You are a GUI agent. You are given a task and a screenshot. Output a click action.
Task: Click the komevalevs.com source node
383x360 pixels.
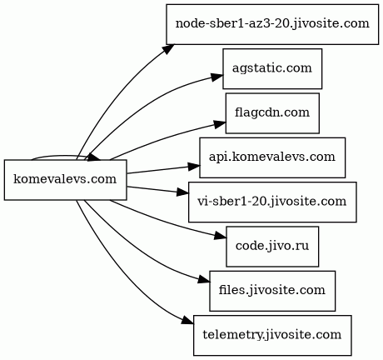[66, 180]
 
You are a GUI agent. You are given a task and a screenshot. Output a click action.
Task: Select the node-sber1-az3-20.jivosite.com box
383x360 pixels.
[272, 24]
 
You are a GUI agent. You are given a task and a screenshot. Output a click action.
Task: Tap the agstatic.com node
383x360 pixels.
[272, 68]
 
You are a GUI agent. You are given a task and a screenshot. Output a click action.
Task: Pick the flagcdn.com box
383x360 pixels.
[272, 113]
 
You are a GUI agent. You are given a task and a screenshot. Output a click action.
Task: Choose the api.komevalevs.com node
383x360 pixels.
[272, 157]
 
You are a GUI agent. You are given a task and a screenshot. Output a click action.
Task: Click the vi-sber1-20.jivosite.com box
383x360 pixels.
[272, 202]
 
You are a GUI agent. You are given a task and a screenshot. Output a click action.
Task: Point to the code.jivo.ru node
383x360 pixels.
[272, 247]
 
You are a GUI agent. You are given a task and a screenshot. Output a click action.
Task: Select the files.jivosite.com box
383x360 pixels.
[272, 291]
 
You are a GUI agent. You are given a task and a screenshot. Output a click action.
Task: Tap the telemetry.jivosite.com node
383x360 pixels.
[272, 335]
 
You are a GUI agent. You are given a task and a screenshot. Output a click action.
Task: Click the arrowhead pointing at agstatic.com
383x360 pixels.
[216, 77]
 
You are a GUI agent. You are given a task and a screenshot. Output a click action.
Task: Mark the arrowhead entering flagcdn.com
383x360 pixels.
[220, 124]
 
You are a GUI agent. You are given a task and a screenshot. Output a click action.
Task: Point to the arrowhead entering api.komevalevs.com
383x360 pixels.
[193, 166]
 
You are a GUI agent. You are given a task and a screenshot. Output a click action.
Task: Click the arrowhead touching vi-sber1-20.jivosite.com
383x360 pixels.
[182, 192]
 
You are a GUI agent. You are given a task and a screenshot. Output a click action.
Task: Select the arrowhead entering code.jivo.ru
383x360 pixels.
[220, 236]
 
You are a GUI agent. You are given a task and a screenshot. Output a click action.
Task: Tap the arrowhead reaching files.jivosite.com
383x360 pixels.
[203, 280]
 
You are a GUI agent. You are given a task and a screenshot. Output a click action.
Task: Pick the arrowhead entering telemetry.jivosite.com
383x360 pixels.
[187, 322]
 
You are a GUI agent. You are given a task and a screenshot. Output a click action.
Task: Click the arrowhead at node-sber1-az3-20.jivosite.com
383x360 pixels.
[168, 49]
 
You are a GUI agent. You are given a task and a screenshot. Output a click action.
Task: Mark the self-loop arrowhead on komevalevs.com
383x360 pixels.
[94, 158]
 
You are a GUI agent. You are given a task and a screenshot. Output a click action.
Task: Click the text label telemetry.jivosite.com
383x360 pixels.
[272, 335]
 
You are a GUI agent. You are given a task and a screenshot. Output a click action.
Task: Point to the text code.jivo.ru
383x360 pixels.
[272, 246]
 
